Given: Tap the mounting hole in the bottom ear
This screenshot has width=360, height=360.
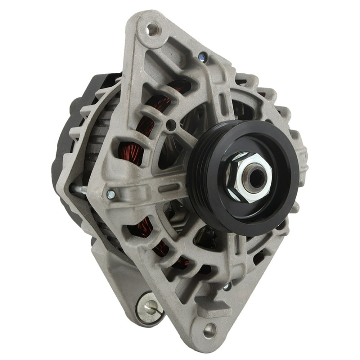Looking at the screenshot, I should pyautogui.click(x=210, y=329).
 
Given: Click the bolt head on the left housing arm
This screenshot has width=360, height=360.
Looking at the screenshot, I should pyautogui.click(x=111, y=195).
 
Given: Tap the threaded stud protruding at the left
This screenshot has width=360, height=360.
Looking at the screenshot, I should pyautogui.click(x=79, y=189).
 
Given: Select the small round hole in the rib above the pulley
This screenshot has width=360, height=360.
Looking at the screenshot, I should pyautogui.click(x=172, y=126).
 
